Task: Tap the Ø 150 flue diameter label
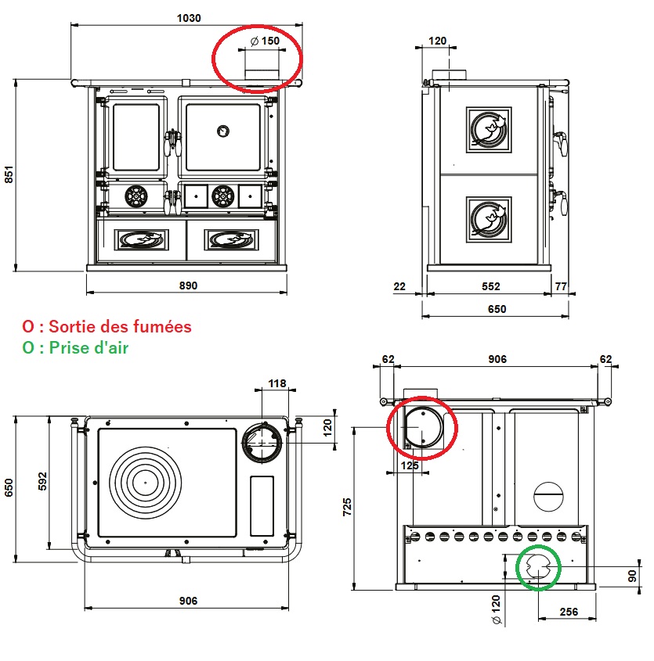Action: pyautogui.click(x=264, y=41)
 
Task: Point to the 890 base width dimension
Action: pyautogui.click(x=188, y=286)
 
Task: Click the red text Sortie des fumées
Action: pyautogui.click(x=117, y=326)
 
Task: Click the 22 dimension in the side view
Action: pyautogui.click(x=400, y=286)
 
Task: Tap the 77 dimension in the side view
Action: pyautogui.click(x=560, y=286)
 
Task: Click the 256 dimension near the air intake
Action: pyautogui.click(x=569, y=612)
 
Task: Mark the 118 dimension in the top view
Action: pyautogui.click(x=277, y=384)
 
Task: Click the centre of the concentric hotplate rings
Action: pyautogui.click(x=145, y=482)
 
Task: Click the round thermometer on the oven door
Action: pyautogui.click(x=223, y=131)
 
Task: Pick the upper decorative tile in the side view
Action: pyautogui.click(x=489, y=128)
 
